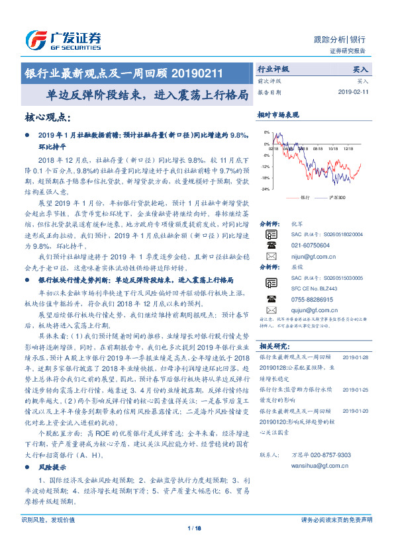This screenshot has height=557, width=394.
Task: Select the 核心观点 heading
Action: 47,117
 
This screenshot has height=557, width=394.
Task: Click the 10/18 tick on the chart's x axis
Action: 330,150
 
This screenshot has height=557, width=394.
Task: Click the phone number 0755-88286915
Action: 311,299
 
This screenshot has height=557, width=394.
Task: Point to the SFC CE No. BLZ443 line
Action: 318,289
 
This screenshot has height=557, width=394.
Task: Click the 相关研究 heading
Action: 273,346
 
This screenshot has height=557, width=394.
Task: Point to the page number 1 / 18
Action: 194,528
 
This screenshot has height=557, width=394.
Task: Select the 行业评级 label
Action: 273,69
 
